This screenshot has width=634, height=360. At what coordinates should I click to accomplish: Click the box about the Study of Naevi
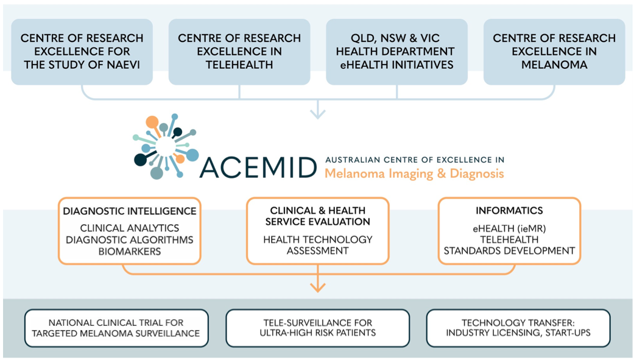point(82,51)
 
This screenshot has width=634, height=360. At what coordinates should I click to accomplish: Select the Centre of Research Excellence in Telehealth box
point(239,51)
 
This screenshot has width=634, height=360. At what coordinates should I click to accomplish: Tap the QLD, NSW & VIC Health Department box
point(396,51)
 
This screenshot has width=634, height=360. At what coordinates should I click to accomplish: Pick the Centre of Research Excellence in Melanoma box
point(554,51)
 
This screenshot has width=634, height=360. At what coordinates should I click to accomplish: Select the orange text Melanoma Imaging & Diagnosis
point(414,174)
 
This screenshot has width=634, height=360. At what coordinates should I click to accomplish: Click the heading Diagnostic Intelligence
point(130,211)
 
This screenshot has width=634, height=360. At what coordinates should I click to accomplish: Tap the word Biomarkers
point(130,250)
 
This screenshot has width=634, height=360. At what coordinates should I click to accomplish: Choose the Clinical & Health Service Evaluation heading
point(317,216)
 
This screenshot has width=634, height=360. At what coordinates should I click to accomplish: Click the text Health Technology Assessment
point(317,245)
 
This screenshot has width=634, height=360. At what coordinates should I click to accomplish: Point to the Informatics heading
point(509,211)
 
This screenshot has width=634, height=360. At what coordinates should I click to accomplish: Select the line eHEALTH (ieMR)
point(509,228)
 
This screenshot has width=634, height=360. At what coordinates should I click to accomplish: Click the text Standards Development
point(509,250)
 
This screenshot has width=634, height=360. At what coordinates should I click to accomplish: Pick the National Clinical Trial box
point(116,328)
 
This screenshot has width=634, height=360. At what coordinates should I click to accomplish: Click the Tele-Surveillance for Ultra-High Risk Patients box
point(317,328)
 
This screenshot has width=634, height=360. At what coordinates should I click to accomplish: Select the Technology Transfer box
point(518,328)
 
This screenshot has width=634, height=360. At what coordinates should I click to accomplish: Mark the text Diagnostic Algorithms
point(130,239)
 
